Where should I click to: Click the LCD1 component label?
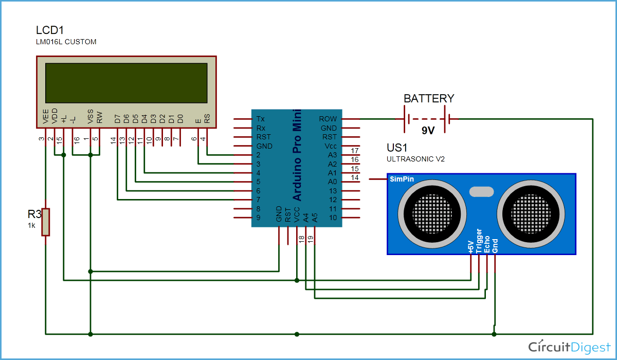[50, 30]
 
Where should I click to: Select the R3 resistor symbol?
[46, 222]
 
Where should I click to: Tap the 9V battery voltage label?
[428, 131]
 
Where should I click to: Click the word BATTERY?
[429, 98]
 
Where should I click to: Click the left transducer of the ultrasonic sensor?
[432, 212]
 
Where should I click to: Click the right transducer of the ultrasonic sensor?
[530, 212]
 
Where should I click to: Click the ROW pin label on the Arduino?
[328, 119]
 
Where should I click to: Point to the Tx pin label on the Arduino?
[261, 119]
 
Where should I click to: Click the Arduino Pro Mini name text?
[297, 155]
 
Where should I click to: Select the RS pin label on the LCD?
[207, 119]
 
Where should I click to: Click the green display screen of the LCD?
[126, 83]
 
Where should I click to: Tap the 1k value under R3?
[32, 225]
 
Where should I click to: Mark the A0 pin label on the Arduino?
[332, 182]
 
